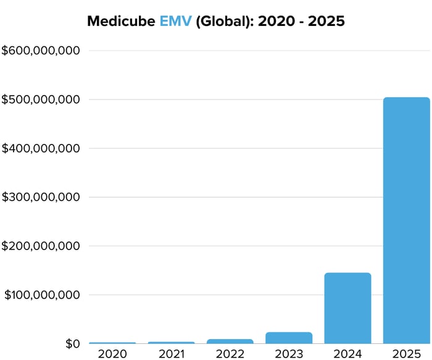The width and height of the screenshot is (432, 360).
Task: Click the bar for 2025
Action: [x=406, y=220]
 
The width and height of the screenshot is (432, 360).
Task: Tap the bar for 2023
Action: [x=289, y=337]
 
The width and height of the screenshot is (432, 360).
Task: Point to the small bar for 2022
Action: [x=230, y=341]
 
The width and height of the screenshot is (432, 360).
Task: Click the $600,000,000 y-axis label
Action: [x=40, y=51]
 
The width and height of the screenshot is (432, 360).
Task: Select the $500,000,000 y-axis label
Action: [x=40, y=99]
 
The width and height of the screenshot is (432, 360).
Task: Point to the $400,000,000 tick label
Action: [x=40, y=148]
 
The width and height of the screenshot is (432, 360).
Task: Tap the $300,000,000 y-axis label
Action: [x=40, y=198]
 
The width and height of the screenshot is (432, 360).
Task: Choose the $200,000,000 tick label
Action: [x=40, y=246]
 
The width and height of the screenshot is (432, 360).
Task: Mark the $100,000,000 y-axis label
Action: [x=41, y=295]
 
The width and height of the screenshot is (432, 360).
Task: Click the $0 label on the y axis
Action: [x=72, y=344]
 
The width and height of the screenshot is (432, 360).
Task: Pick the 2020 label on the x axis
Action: [x=112, y=354]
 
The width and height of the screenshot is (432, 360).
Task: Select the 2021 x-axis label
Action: [x=171, y=354]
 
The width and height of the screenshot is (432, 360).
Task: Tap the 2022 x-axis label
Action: [x=230, y=354]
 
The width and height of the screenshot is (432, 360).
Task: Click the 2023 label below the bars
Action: [x=289, y=354]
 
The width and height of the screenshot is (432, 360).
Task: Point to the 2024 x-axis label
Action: [x=347, y=354]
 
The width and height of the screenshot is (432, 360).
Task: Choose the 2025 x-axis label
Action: [x=406, y=354]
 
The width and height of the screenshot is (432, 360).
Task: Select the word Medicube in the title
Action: [x=121, y=22]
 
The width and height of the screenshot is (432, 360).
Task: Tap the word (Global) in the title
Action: [x=222, y=22]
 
